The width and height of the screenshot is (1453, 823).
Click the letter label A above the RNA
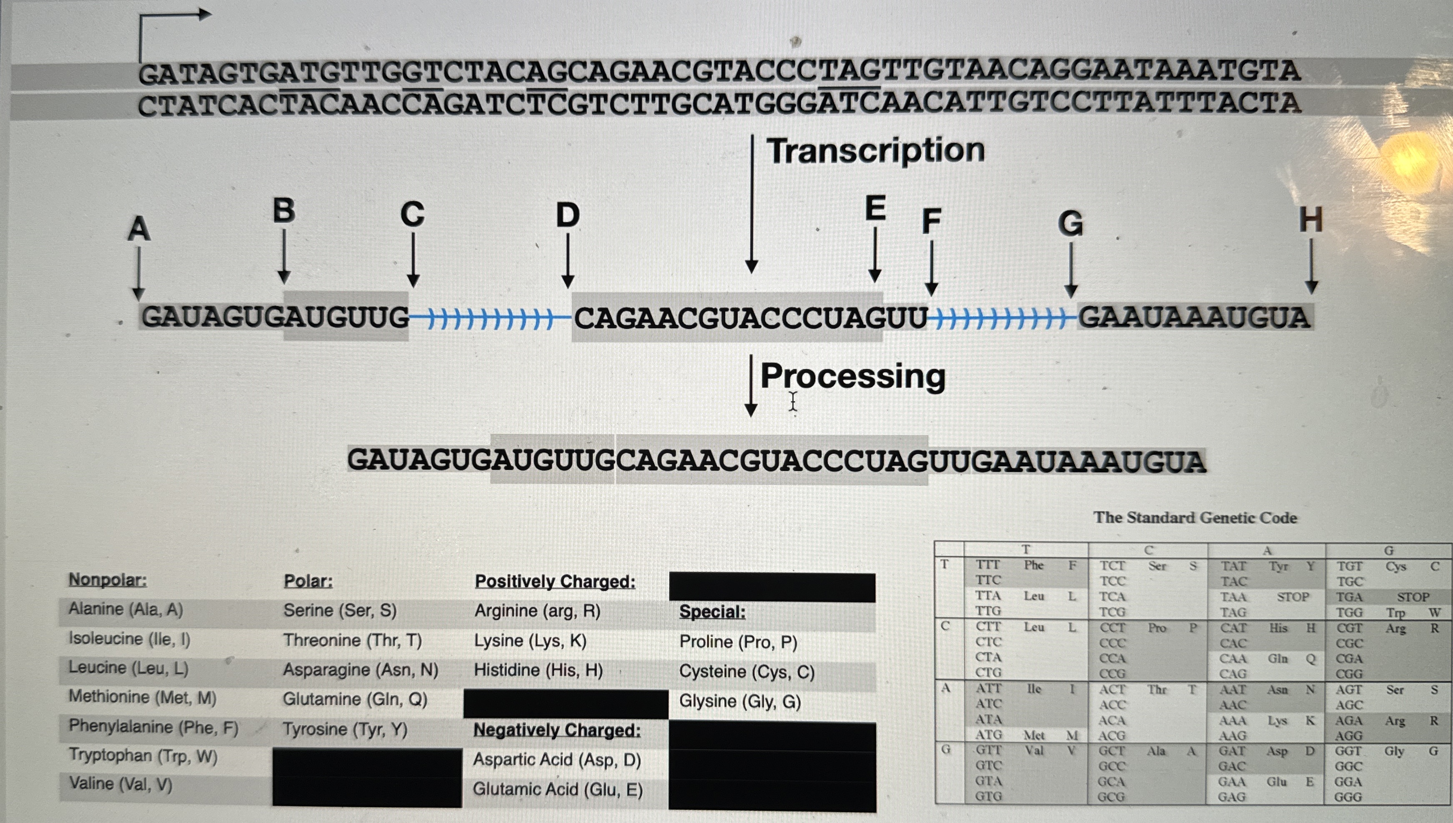pos(139,229)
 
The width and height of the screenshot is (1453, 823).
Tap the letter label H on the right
pos(1310,220)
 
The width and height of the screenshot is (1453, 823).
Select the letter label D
pos(568,215)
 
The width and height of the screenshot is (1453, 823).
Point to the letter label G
pos(1070,223)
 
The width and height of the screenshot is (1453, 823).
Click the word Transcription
pos(875,150)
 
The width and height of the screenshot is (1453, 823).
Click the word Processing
pos(852,376)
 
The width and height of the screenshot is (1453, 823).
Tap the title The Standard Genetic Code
pos(1195,518)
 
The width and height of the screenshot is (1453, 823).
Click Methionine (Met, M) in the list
pos(143,697)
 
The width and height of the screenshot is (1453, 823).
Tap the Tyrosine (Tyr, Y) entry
pos(345,729)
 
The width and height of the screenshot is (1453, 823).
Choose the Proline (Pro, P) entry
pos(738,642)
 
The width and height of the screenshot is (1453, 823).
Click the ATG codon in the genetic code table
pos(988,735)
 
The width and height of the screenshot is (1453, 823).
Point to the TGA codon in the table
pos(1349,597)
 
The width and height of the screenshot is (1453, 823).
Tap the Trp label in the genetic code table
pos(1395,613)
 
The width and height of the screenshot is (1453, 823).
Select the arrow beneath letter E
pos(874,254)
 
